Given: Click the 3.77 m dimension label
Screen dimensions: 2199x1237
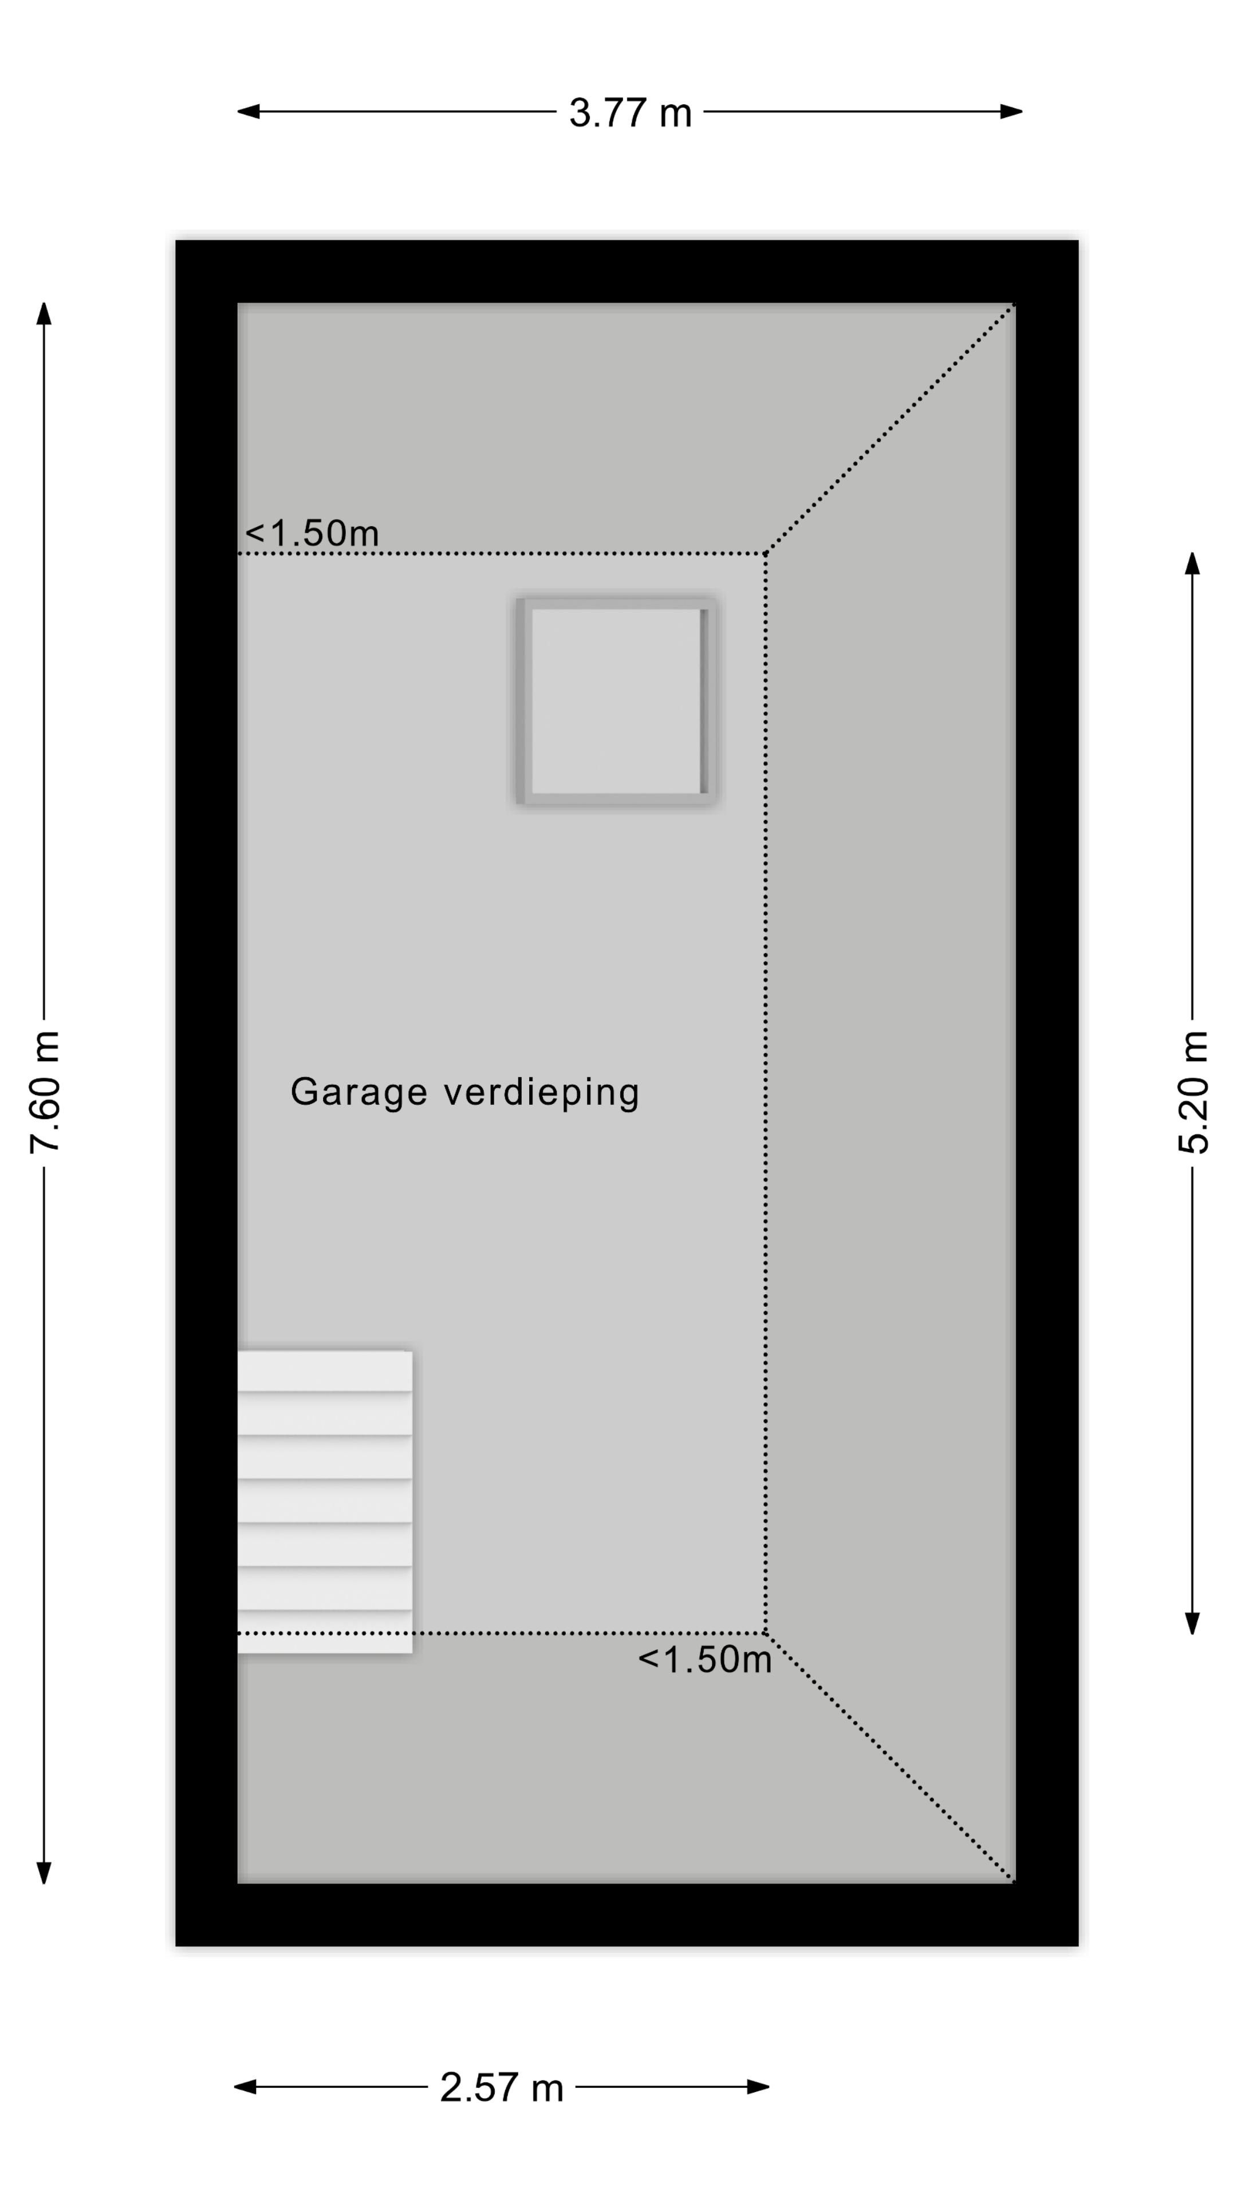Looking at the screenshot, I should (630, 113).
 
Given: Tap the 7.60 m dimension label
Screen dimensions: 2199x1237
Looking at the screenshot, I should (45, 1093).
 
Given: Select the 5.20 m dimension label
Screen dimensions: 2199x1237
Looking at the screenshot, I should (1193, 1093).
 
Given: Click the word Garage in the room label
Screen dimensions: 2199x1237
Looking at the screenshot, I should (359, 1093).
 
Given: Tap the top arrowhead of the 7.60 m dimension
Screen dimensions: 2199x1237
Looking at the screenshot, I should (45, 313).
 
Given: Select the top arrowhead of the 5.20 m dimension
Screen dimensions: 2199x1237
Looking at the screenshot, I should (1192, 563).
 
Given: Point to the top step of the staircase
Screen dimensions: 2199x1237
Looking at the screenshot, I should (324, 1371).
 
